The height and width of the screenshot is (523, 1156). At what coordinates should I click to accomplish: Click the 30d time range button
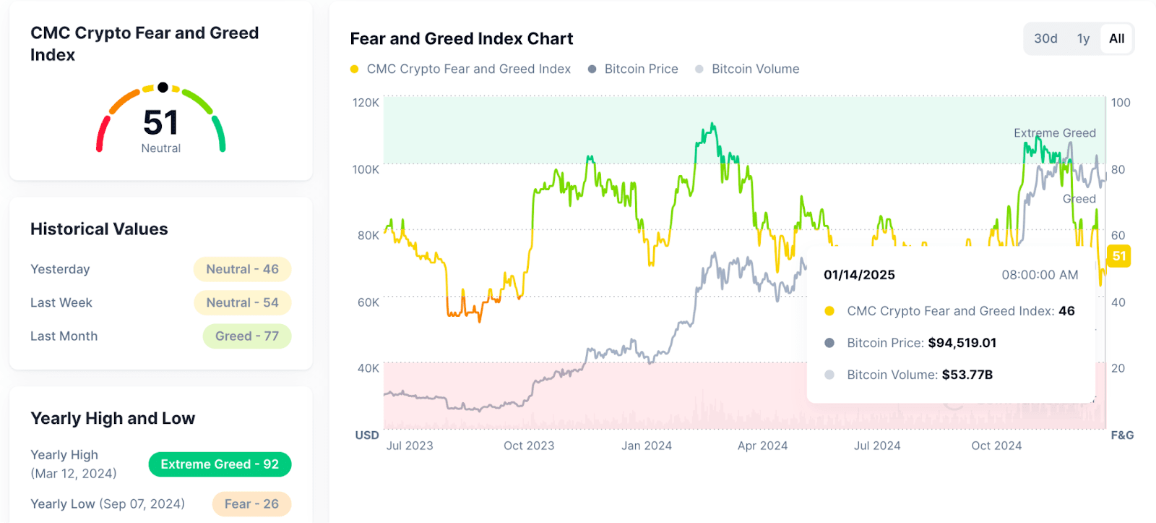pyautogui.click(x=1045, y=39)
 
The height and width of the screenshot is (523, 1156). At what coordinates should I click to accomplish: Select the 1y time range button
pyautogui.click(x=1083, y=39)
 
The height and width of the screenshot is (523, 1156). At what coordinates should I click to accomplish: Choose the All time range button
pyautogui.click(x=1116, y=39)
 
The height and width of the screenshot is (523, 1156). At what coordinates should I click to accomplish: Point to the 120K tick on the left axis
pyautogui.click(x=366, y=103)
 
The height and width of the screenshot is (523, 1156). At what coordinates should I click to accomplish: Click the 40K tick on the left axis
pyautogui.click(x=368, y=368)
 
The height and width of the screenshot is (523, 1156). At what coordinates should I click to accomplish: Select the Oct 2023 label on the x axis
pyautogui.click(x=529, y=446)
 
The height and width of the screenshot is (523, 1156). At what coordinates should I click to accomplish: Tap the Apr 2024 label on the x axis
pyautogui.click(x=762, y=446)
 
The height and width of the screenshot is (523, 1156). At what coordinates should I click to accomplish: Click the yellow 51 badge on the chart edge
pyautogui.click(x=1119, y=256)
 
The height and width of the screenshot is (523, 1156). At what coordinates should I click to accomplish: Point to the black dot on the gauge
pyautogui.click(x=163, y=88)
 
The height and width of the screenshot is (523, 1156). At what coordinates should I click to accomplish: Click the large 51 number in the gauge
pyautogui.click(x=160, y=122)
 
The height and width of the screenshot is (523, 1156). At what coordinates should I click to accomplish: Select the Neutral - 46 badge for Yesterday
pyautogui.click(x=242, y=269)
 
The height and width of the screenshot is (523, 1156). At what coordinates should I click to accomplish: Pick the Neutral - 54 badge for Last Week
pyautogui.click(x=242, y=302)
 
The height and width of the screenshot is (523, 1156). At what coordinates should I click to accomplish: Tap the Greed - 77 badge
pyautogui.click(x=246, y=336)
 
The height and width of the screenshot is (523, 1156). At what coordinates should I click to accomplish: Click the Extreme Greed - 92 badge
pyautogui.click(x=220, y=464)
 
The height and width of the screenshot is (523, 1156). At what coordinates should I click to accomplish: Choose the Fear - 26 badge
pyautogui.click(x=251, y=504)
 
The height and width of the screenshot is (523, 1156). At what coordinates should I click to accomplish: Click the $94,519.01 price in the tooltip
pyautogui.click(x=962, y=343)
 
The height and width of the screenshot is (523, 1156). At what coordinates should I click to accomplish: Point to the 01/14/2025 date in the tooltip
pyautogui.click(x=859, y=275)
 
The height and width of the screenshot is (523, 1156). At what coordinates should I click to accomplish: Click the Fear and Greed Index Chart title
pyautogui.click(x=461, y=39)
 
